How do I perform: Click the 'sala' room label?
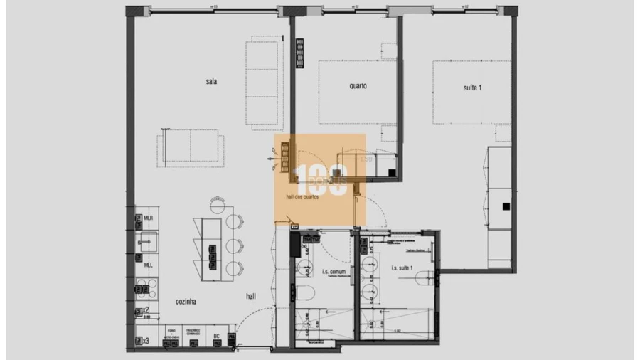tap(211, 82)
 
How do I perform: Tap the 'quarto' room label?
tap(358, 86)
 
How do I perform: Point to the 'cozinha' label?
tap(186, 302)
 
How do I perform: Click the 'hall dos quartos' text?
tap(302, 198)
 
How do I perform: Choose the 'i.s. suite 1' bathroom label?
tap(406, 269)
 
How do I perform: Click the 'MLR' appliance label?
tap(148, 218)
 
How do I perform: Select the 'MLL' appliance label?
tap(148, 265)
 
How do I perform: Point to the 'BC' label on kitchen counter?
tap(216, 336)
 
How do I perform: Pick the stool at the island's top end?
tap(217, 206)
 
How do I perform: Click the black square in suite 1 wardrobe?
tap(506, 206)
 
